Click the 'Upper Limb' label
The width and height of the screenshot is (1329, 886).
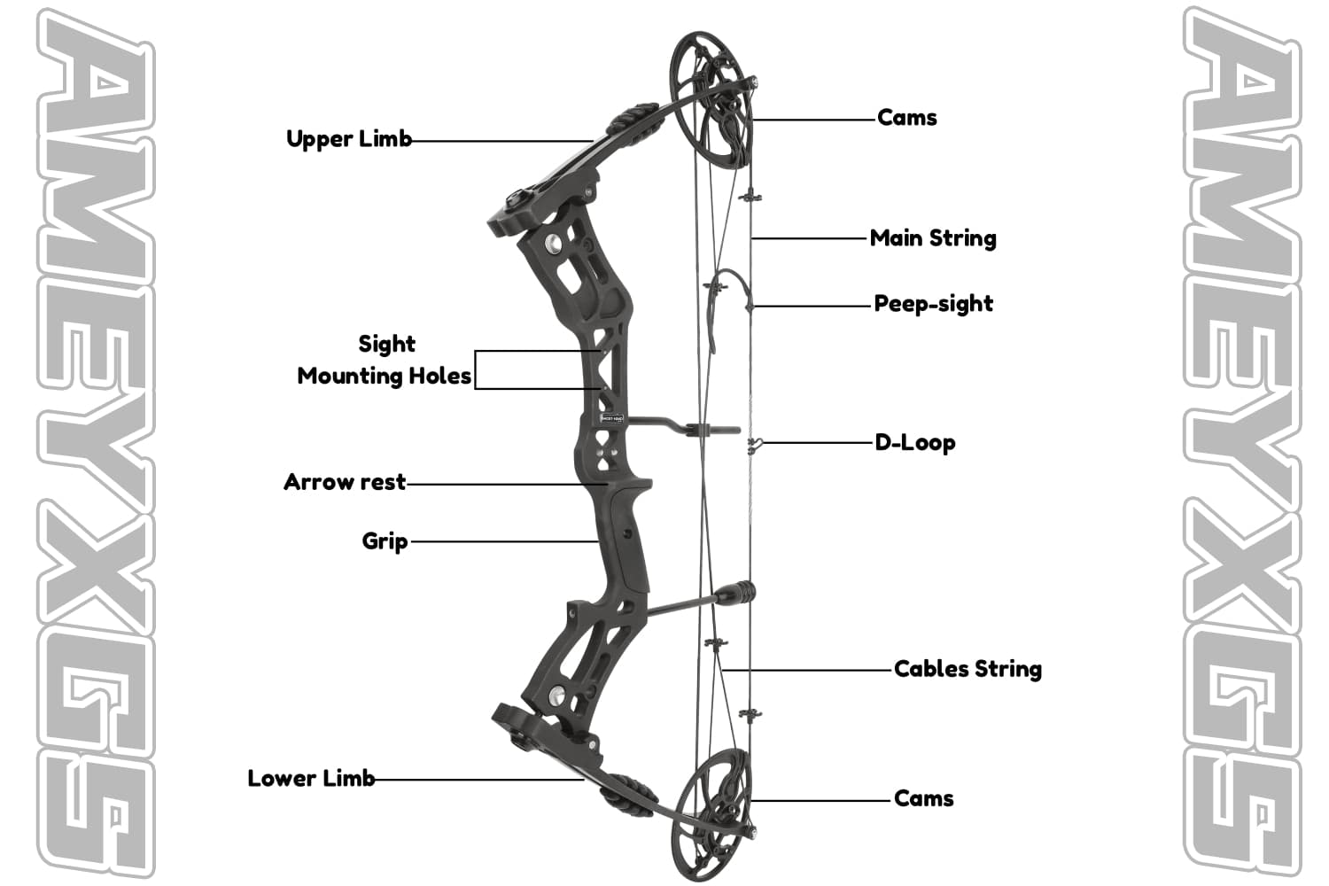pos(349,139)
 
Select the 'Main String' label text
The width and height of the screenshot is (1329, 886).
pos(933,238)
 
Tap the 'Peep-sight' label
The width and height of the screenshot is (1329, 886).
pos(933,304)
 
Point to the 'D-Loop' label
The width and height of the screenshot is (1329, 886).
pos(914,443)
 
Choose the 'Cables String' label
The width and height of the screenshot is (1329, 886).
pos(968,669)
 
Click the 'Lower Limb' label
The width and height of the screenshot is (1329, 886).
pos(311,779)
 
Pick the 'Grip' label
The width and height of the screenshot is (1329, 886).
pos(385,541)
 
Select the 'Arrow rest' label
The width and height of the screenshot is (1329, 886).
pos(345,483)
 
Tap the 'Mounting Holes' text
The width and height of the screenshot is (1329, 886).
pos(384,377)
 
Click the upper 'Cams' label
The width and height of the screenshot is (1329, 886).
pos(906,118)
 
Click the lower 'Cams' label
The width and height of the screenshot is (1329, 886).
pos(923,798)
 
